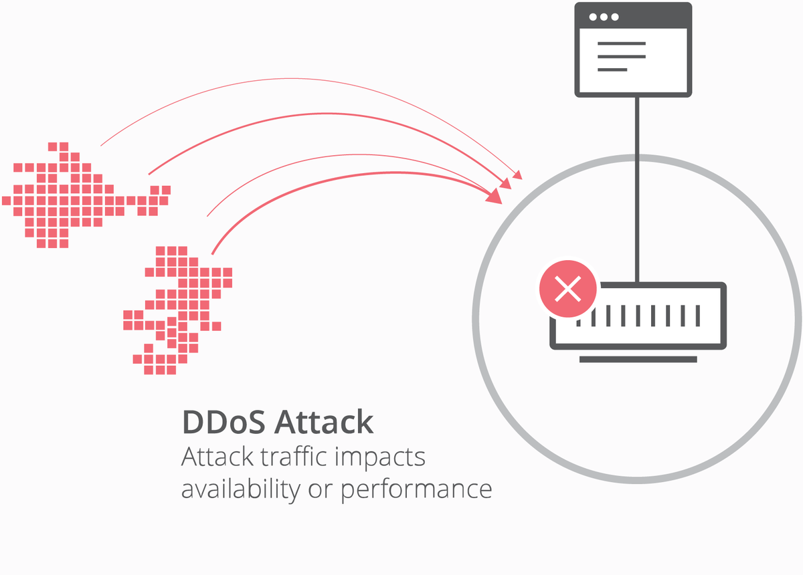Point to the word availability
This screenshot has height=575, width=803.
pos(240,489)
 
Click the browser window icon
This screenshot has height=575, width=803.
pos(632,49)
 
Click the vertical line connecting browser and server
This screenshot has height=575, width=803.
pos(637,187)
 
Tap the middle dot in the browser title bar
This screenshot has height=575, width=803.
pos(603,17)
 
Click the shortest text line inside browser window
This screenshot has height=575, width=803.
pos(612,70)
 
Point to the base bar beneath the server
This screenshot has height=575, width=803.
pos(638,360)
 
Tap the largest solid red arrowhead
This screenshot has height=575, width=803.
pos(495,196)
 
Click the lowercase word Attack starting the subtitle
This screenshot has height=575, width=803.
pos(217,457)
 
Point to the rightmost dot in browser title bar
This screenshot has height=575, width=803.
pos(615,17)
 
